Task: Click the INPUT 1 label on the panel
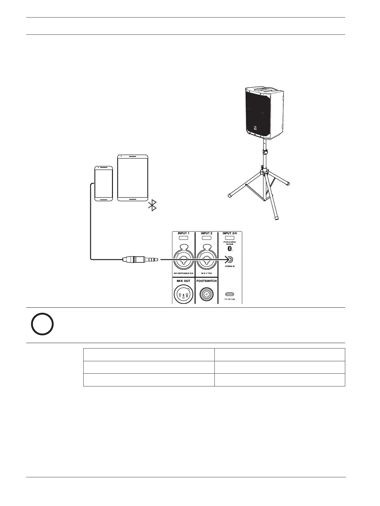(x=183, y=233)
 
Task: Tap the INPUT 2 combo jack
(x=206, y=258)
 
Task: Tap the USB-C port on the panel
(x=229, y=294)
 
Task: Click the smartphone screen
(x=104, y=183)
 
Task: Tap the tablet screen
(x=133, y=178)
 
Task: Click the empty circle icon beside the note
(x=42, y=324)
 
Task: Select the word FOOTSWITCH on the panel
(x=206, y=281)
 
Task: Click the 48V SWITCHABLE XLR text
(x=183, y=274)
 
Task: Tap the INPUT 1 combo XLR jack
(x=183, y=258)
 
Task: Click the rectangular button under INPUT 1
(x=183, y=238)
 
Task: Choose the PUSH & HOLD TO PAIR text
(x=229, y=243)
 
